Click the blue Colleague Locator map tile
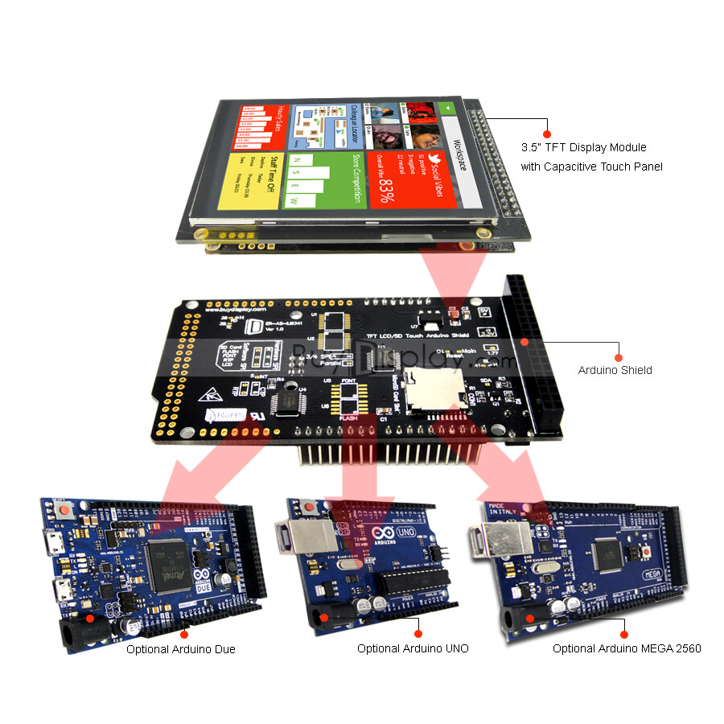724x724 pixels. tap(324, 125)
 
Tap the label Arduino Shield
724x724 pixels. tap(615, 371)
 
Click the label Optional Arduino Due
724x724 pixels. tap(180, 649)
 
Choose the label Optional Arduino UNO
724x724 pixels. tap(413, 648)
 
